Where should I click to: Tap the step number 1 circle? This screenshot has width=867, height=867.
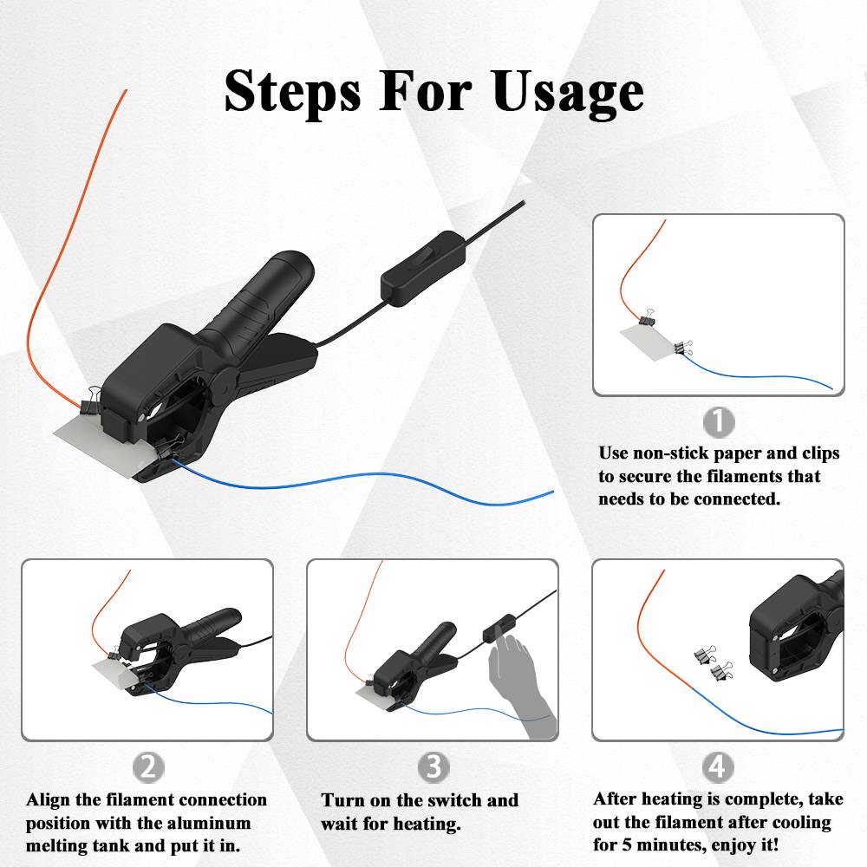click(718, 422)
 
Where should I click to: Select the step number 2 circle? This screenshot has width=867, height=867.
click(148, 767)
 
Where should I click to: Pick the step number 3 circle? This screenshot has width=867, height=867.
click(433, 767)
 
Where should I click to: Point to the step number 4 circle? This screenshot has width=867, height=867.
click(718, 767)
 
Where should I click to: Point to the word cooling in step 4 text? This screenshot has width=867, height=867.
click(802, 822)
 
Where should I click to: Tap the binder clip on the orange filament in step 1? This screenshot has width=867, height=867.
click(648, 317)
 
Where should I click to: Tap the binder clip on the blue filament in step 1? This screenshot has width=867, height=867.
click(683, 348)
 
